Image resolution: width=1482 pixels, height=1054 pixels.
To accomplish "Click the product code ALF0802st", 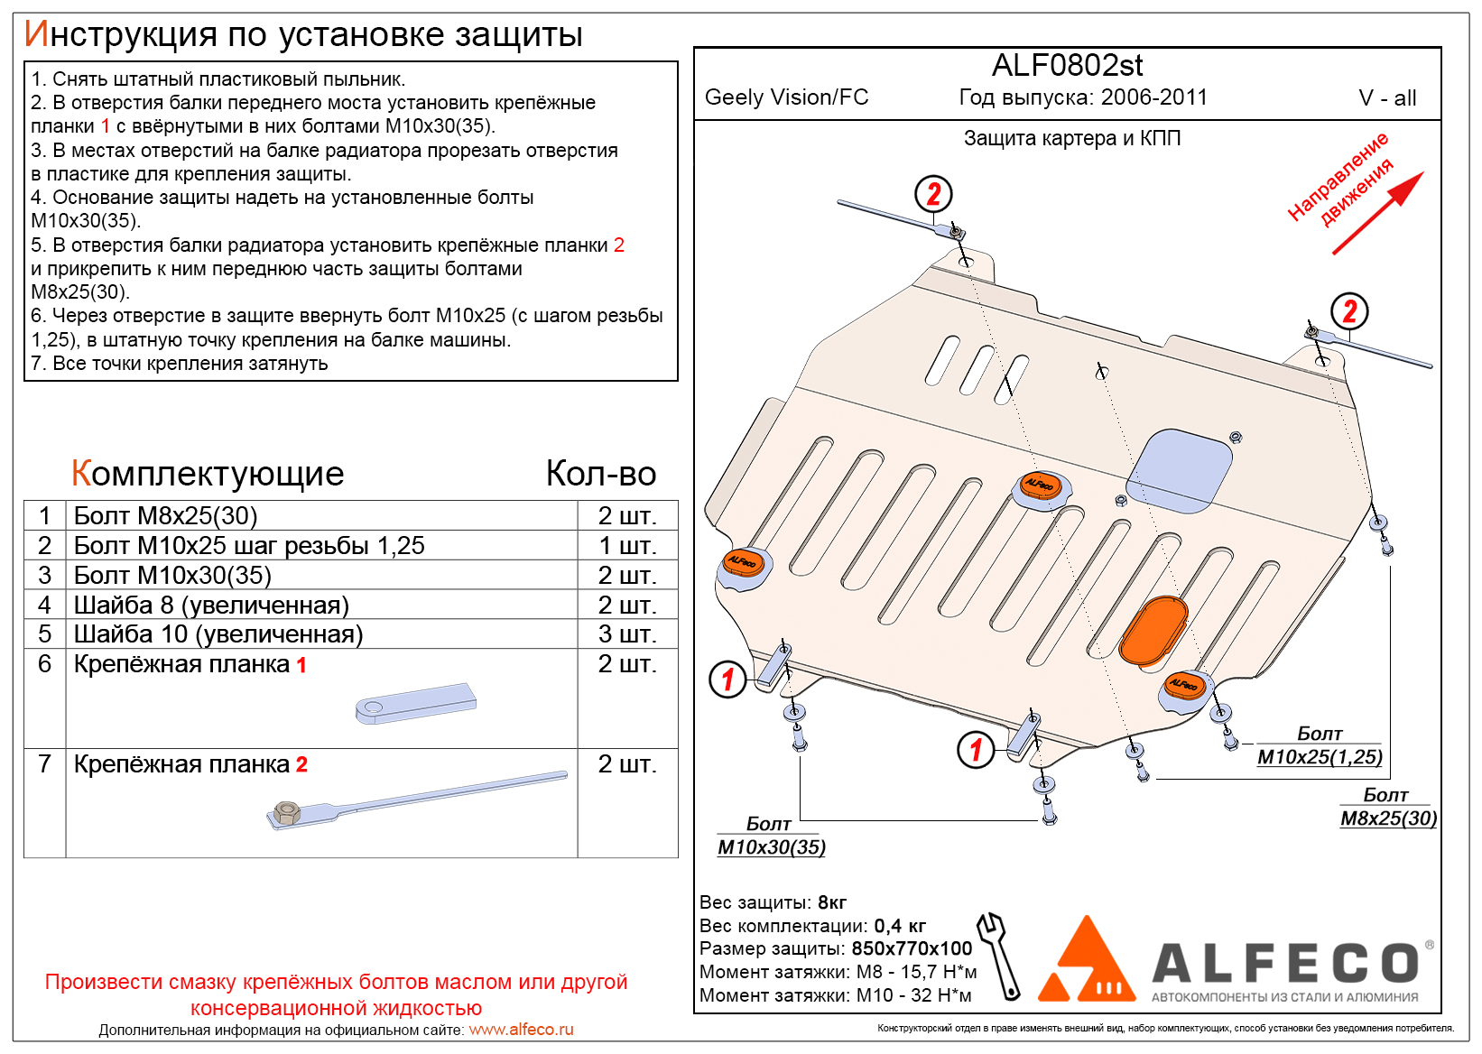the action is (1067, 66).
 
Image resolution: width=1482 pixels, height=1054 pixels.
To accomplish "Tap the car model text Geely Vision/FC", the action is (786, 97).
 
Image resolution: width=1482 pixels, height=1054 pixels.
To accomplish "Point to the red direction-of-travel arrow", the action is (1377, 213).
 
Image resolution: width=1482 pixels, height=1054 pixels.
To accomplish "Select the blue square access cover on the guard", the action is (1179, 470).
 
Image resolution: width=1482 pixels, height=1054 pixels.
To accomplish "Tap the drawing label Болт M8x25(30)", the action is (1388, 807).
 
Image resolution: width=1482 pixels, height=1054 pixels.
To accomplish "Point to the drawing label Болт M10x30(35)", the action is (772, 836).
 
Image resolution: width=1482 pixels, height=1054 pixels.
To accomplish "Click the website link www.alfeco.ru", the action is (521, 1030).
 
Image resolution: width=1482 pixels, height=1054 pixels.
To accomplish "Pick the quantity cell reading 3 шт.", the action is (627, 633).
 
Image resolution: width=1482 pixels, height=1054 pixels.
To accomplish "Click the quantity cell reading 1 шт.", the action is (627, 546).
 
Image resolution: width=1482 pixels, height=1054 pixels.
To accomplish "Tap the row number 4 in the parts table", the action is (44, 605).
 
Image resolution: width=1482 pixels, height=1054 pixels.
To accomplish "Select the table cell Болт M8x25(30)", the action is (165, 516).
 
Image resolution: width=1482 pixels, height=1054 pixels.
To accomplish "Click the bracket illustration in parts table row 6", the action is (415, 703).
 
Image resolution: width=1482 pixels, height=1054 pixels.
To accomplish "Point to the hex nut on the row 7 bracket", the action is (286, 812).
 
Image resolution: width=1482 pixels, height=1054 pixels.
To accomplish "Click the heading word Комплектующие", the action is (208, 474).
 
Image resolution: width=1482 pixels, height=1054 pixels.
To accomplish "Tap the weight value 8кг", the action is (831, 902).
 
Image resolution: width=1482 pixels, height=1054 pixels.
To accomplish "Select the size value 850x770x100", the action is (912, 948).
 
